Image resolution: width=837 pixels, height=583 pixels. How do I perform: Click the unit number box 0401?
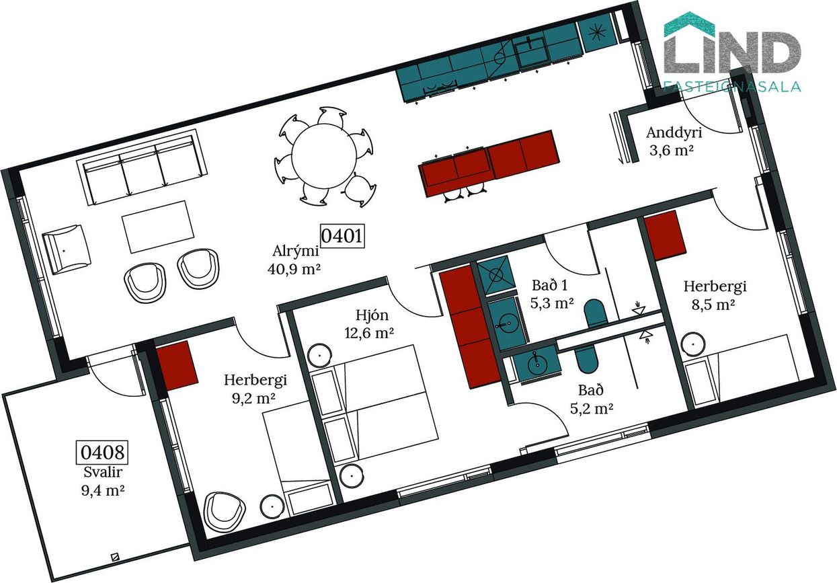pyautogui.click(x=342, y=236)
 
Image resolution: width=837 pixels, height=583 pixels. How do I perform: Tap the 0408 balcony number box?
pyautogui.click(x=102, y=453)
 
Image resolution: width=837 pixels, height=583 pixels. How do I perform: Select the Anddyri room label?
pyautogui.click(x=674, y=132)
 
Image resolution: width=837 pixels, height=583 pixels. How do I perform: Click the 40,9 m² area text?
pyautogui.click(x=294, y=269)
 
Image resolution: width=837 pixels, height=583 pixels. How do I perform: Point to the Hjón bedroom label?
pyautogui.click(x=372, y=315)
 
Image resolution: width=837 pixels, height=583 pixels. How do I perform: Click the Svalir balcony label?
pyautogui.click(x=103, y=472)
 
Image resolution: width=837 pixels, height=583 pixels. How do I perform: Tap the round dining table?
pyautogui.click(x=324, y=156)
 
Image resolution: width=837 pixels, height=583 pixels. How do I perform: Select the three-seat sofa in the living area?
pyautogui.click(x=142, y=167)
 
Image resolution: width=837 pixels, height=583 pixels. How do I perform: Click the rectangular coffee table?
pyautogui.click(x=158, y=227)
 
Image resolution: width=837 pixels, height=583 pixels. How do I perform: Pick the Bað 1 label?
pyautogui.click(x=550, y=286)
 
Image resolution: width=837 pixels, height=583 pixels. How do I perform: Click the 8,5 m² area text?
pyautogui.click(x=713, y=305)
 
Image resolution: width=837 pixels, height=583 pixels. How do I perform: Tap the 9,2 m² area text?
pyautogui.click(x=253, y=399)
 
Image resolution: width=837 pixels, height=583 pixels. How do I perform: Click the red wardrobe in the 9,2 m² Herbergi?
pyautogui.click(x=177, y=366)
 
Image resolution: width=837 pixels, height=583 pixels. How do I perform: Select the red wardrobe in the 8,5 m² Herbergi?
pyautogui.click(x=666, y=235)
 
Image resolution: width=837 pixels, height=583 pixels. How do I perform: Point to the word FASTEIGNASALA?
pyautogui.click(x=732, y=86)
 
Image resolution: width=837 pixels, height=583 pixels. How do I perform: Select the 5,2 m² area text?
pyautogui.click(x=592, y=409)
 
